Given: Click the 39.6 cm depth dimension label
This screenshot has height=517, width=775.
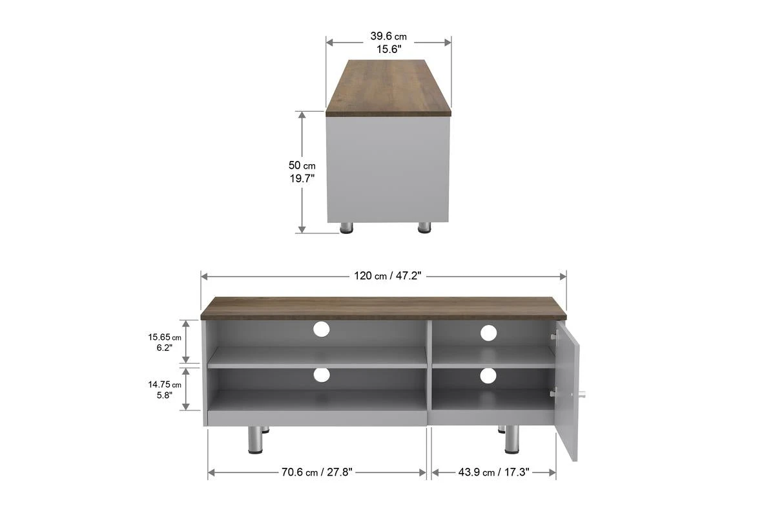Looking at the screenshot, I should (x=388, y=42).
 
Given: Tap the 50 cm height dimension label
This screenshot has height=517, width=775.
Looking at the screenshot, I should (x=302, y=173).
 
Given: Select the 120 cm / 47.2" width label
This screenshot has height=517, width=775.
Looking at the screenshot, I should (x=387, y=276).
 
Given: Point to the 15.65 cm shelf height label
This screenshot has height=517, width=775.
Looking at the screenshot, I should (x=165, y=341).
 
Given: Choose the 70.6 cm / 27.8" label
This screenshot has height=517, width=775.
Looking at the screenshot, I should (x=316, y=472).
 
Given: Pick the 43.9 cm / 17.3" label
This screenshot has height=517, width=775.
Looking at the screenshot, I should (x=494, y=472).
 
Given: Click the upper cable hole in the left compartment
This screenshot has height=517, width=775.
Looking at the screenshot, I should (x=321, y=330).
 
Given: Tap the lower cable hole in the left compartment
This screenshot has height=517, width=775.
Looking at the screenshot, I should (x=321, y=374).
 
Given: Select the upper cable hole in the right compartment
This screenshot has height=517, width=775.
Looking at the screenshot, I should (x=488, y=333).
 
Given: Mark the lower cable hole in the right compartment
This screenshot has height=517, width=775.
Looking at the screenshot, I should (x=488, y=375).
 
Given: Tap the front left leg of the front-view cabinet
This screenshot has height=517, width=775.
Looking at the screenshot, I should (x=254, y=439).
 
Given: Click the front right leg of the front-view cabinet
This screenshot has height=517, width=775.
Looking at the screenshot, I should (x=512, y=439).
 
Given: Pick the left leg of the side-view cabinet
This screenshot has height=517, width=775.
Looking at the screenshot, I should (x=347, y=227).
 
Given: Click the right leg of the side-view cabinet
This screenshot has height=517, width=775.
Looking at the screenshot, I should (x=424, y=227).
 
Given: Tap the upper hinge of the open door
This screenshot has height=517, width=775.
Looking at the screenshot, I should (x=554, y=335).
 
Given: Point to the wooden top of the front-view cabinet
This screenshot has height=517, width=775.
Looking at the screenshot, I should (x=383, y=308).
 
